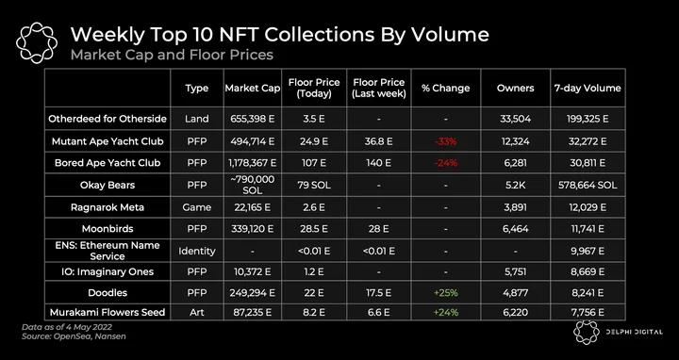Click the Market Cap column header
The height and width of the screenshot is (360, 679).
(253, 88)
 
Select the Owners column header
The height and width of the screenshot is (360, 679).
(515, 88)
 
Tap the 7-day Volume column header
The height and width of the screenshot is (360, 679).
(588, 88)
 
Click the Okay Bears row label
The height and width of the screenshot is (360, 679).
(108, 186)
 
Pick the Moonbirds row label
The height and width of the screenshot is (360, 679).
(108, 228)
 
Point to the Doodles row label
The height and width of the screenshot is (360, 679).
(108, 293)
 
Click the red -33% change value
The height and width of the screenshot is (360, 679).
(445, 141)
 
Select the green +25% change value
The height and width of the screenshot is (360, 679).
(445, 293)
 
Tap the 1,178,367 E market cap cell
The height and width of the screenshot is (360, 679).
(253, 163)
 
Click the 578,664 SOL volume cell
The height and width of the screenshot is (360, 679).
(588, 186)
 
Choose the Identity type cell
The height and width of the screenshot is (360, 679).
(197, 251)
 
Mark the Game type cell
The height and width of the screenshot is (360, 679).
(197, 207)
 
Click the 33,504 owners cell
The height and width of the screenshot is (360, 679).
(515, 119)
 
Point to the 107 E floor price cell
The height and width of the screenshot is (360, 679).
(314, 163)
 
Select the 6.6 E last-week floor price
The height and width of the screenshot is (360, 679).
(378, 312)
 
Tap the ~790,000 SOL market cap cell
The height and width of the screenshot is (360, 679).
(253, 185)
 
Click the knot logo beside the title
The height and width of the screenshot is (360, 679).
(37, 42)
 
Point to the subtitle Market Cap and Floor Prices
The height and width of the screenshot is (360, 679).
(172, 55)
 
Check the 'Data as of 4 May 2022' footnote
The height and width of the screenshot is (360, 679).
(67, 327)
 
